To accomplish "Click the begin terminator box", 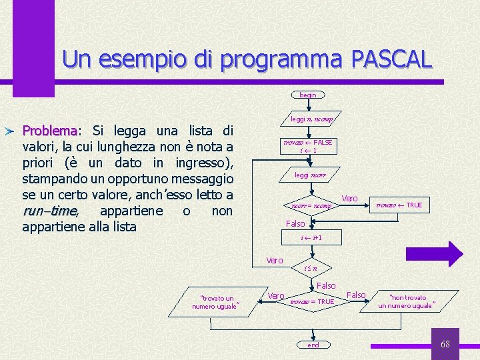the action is point(307,95).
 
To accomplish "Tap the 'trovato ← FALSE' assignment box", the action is point(308,147).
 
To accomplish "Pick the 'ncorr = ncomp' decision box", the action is point(311,205).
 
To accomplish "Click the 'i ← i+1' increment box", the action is point(311,237).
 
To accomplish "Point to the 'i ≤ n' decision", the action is point(311,268).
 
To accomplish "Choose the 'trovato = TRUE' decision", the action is point(311,301).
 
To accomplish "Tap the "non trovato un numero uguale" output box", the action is point(407,301).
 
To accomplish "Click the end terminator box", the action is point(313,345).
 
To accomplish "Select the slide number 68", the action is point(445,344).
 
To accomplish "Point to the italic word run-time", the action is point(50,211).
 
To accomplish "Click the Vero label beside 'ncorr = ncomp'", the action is point(349,198).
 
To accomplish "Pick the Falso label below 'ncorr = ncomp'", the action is point(295,224).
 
